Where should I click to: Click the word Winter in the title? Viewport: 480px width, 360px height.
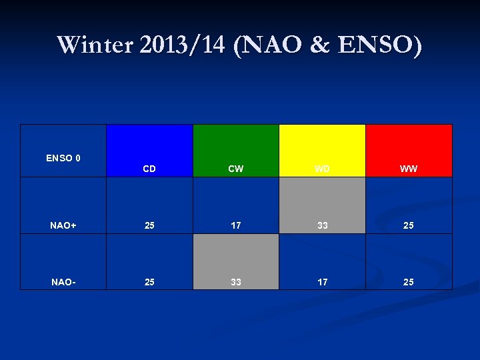tap(95, 45)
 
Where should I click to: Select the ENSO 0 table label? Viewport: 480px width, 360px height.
tap(63, 158)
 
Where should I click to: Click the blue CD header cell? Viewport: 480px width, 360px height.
tap(149, 151)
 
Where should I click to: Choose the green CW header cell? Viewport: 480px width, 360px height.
tap(236, 151)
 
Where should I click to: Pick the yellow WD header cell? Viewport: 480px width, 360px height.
tap(323, 151)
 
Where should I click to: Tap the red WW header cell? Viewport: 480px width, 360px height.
tap(409, 151)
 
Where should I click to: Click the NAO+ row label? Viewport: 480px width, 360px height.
tap(63, 225)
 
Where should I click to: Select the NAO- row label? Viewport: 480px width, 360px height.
tap(63, 282)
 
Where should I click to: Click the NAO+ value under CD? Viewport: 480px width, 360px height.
tap(149, 225)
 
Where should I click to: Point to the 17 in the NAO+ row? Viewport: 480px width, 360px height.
tap(236, 225)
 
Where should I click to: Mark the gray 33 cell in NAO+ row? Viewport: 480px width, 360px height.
tap(323, 207)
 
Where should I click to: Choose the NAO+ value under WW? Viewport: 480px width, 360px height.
tap(409, 225)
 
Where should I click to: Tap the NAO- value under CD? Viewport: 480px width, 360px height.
tap(149, 282)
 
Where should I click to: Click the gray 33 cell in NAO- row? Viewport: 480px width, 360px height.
tap(236, 263)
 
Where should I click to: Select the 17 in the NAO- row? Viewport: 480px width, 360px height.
tap(323, 282)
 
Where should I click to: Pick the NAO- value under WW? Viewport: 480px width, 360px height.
tap(409, 282)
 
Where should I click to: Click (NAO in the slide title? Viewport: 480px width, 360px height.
tap(263, 45)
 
